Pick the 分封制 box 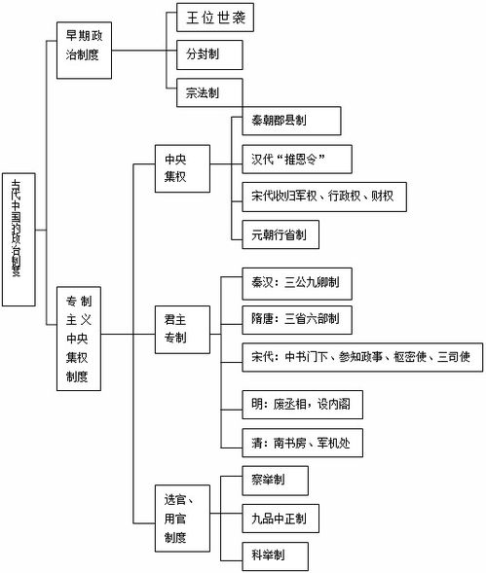click(206, 54)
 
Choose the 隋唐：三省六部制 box click(295, 318)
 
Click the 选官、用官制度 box click(182, 517)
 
